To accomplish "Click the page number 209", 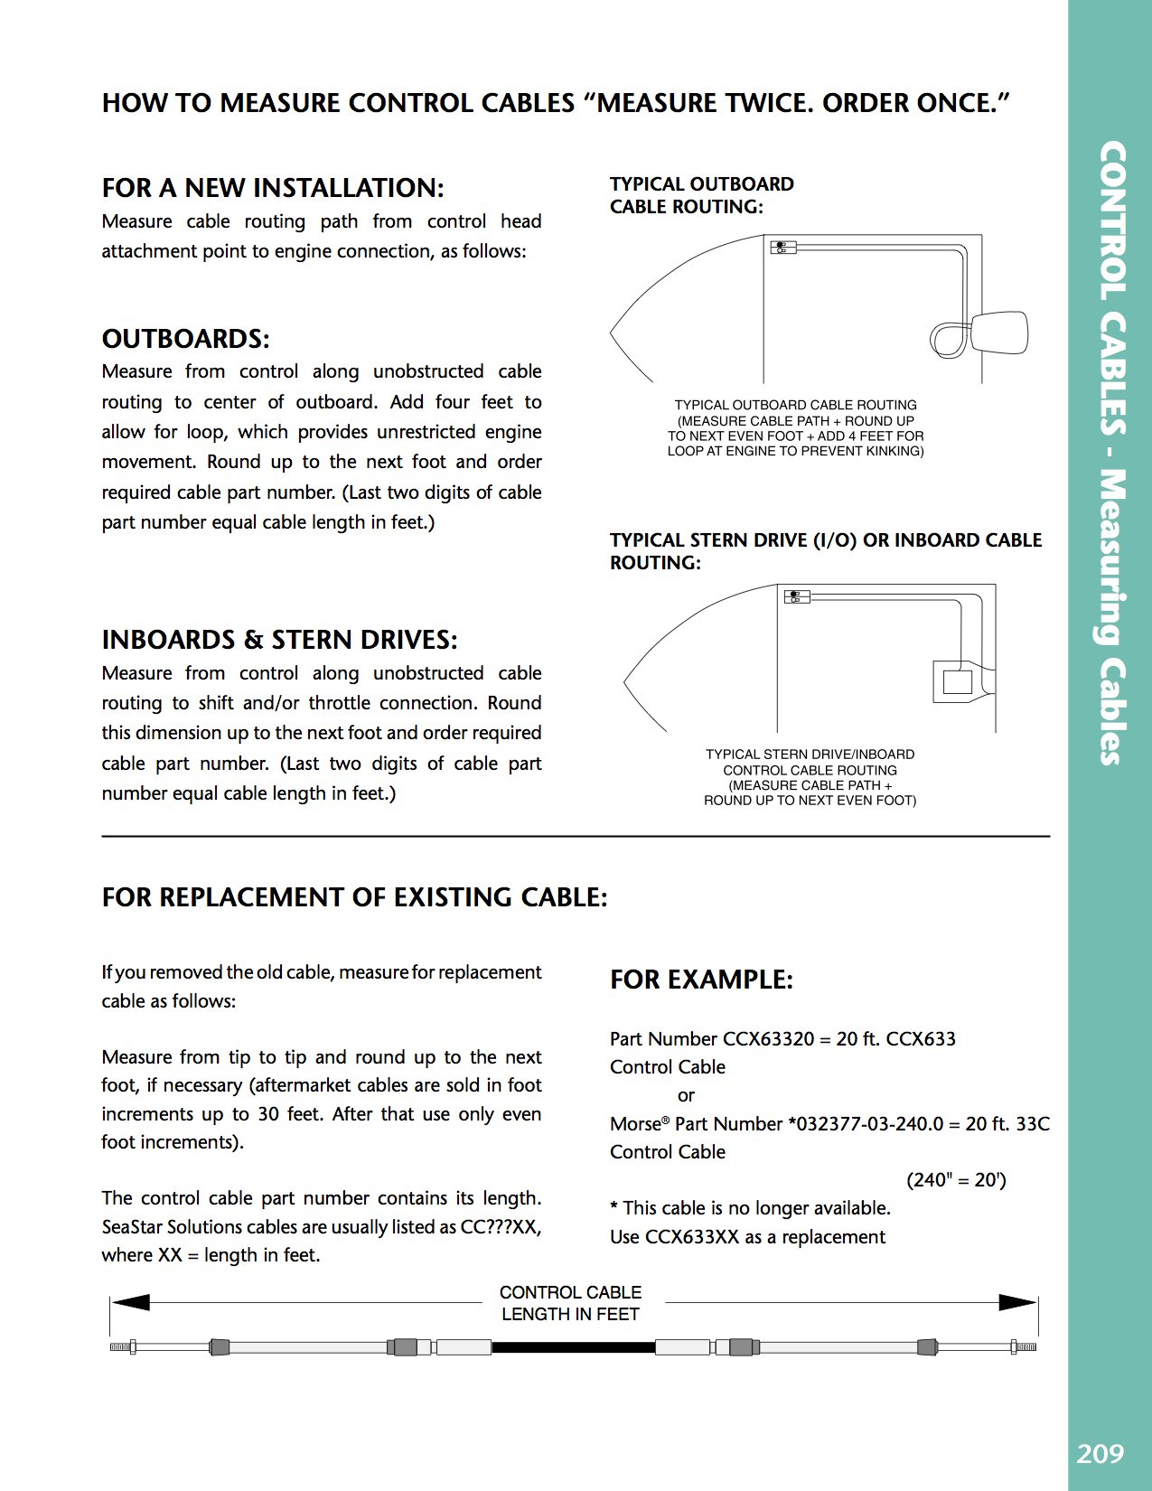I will coord(1100,1453).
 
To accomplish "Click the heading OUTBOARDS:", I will coord(185,339).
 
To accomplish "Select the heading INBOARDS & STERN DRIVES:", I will coord(279,640).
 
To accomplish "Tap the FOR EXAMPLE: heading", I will coord(701,980).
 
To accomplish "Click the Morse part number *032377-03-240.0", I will coord(866,1124).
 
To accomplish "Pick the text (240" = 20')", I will coord(956,1180).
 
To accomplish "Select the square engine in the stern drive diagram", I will coord(957,681).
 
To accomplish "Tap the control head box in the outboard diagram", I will coord(782,247).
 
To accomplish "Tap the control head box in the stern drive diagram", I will coord(797,596).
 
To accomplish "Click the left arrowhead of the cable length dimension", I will coord(131,1302).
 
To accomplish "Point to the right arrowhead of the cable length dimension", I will coord(1016,1302).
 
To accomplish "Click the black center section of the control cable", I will coord(573,1347).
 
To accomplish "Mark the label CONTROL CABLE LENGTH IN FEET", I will coord(571,1303).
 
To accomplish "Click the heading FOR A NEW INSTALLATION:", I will coord(273,188).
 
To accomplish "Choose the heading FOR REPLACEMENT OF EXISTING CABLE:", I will coord(354,897).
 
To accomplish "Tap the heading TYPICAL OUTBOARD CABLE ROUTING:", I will coord(701,195).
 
